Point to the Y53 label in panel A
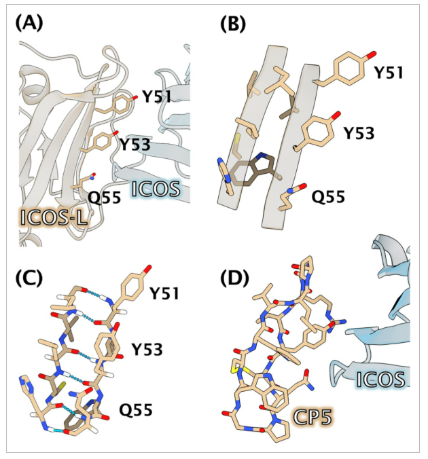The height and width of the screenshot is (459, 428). pos(135,144)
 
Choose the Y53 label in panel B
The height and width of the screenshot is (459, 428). pos(359,133)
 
